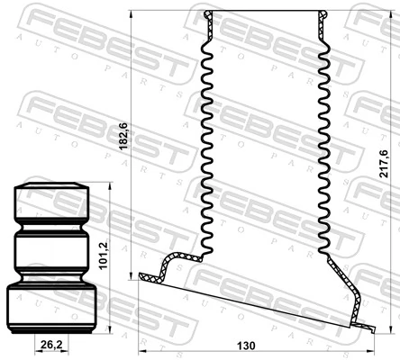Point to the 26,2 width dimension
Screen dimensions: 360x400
[x=51, y=344]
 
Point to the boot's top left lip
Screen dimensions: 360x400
[x=208, y=16]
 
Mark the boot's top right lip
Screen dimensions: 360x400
[x=324, y=16]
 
